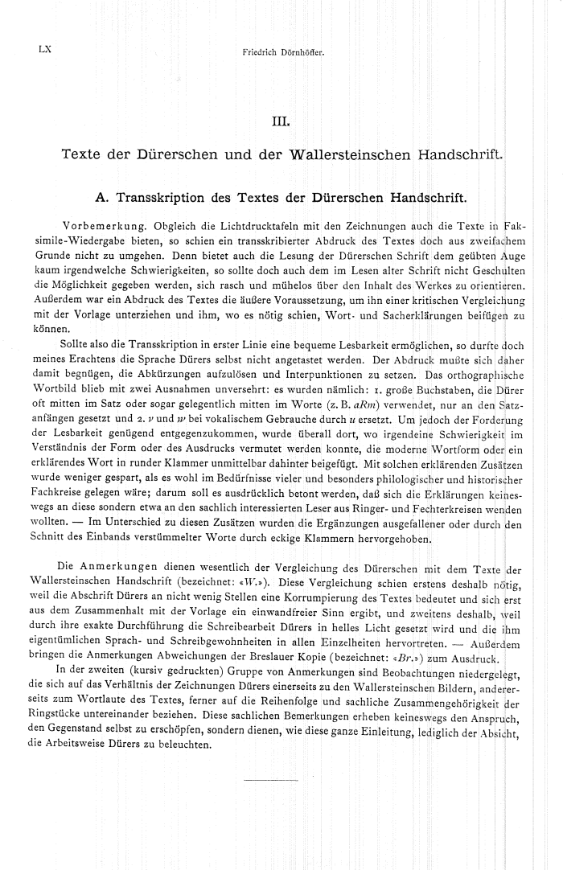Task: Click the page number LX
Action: (x=44, y=50)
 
